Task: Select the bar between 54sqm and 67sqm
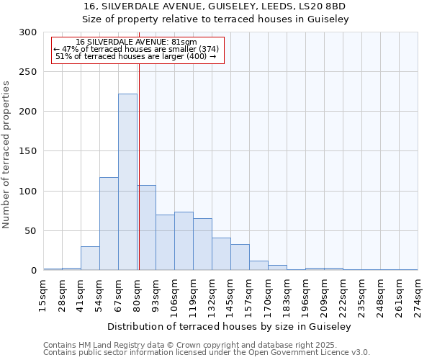(x=109, y=224)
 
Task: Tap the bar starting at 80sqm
(x=146, y=228)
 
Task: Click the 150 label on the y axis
(x=28, y=152)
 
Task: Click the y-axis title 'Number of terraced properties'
(x=7, y=155)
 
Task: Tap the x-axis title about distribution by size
(x=230, y=327)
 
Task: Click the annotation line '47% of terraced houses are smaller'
(x=136, y=49)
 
